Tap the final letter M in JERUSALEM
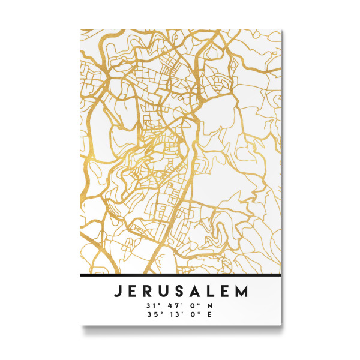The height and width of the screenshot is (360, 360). coord(241,292)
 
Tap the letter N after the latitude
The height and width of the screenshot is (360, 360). coord(210,305)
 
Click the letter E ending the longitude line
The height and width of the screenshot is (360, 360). coord(209,313)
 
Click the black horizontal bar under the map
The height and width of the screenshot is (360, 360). coord(180,275)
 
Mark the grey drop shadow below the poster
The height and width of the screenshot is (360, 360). coord(180,328)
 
